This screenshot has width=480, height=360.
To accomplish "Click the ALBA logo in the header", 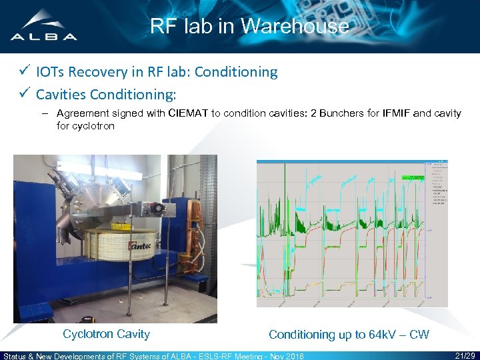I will (x=44, y=27).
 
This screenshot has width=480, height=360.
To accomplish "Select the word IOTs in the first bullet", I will (x=51, y=72).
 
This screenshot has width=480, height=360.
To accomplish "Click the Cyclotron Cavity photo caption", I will (x=106, y=334).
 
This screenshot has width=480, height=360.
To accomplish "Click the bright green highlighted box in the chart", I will (x=413, y=178).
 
